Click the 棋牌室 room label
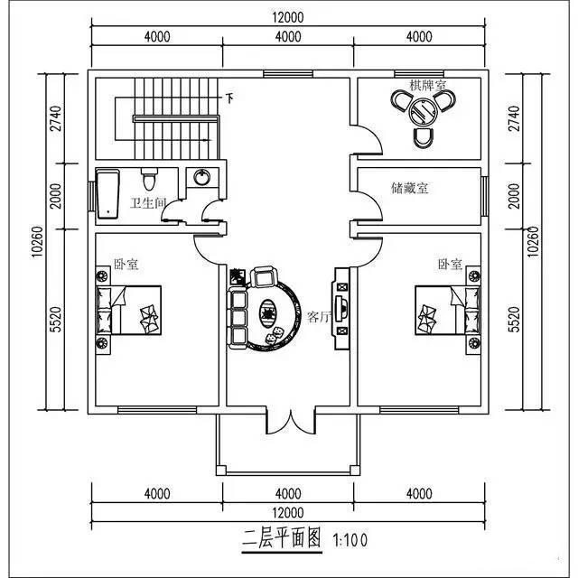tap(428, 86)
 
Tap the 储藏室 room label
tap(410, 188)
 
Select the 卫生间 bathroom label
tap(148, 203)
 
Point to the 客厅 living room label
tap(319, 316)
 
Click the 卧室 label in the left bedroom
tap(125, 265)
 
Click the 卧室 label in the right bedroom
tap(450, 265)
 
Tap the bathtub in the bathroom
tap(108, 192)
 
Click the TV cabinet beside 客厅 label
tap(342, 308)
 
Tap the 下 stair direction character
tap(229, 98)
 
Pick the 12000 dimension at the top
tap(288, 17)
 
